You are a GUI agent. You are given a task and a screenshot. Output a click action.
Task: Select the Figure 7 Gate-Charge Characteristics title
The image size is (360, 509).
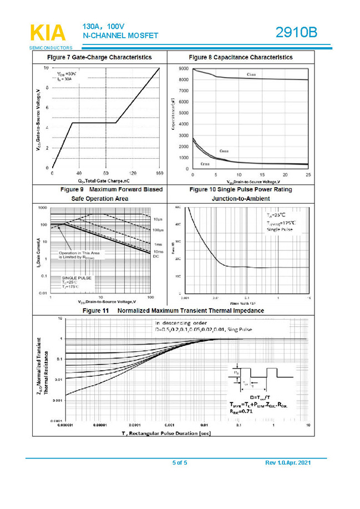(x=100, y=57)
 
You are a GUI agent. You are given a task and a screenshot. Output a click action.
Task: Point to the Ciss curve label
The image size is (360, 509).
(x=251, y=74)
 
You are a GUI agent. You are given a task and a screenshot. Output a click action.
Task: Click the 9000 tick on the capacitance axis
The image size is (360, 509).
(x=184, y=68)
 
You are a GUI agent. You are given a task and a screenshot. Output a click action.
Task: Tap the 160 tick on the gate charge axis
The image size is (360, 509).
(x=159, y=173)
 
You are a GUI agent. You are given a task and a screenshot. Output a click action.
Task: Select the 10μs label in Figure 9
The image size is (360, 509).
(x=157, y=220)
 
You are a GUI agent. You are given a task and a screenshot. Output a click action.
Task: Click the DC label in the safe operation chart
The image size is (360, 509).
(x=155, y=256)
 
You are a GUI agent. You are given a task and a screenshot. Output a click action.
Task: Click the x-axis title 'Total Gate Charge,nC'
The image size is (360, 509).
(x=104, y=180)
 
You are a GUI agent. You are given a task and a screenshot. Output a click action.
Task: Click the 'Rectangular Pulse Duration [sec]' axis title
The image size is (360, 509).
(x=166, y=432)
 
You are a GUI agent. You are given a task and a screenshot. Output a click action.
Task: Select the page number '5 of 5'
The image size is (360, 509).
(x=180, y=462)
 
